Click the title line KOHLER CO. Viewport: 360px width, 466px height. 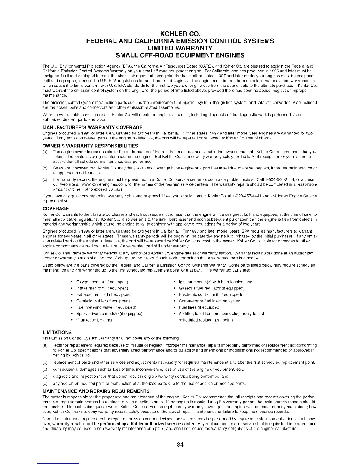[180, 33]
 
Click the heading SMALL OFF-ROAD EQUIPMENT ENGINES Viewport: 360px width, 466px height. [180, 55]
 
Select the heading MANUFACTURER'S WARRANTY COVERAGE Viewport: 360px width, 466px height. [92, 127]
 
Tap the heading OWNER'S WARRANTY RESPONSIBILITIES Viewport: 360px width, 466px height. [90, 146]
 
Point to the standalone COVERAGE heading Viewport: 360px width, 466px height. [56, 209]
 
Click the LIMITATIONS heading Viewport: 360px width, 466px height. [57, 332]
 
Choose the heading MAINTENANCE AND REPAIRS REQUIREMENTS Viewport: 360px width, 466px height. [96, 391]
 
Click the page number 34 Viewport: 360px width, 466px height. [180, 445]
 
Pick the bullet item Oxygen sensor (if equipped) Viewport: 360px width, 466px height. [102, 282]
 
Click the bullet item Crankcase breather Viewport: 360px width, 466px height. [94, 320]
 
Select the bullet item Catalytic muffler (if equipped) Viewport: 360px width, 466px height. [103, 301]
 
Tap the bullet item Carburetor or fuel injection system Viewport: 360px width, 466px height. [210, 301]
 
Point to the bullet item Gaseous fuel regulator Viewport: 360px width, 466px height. [211, 288]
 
